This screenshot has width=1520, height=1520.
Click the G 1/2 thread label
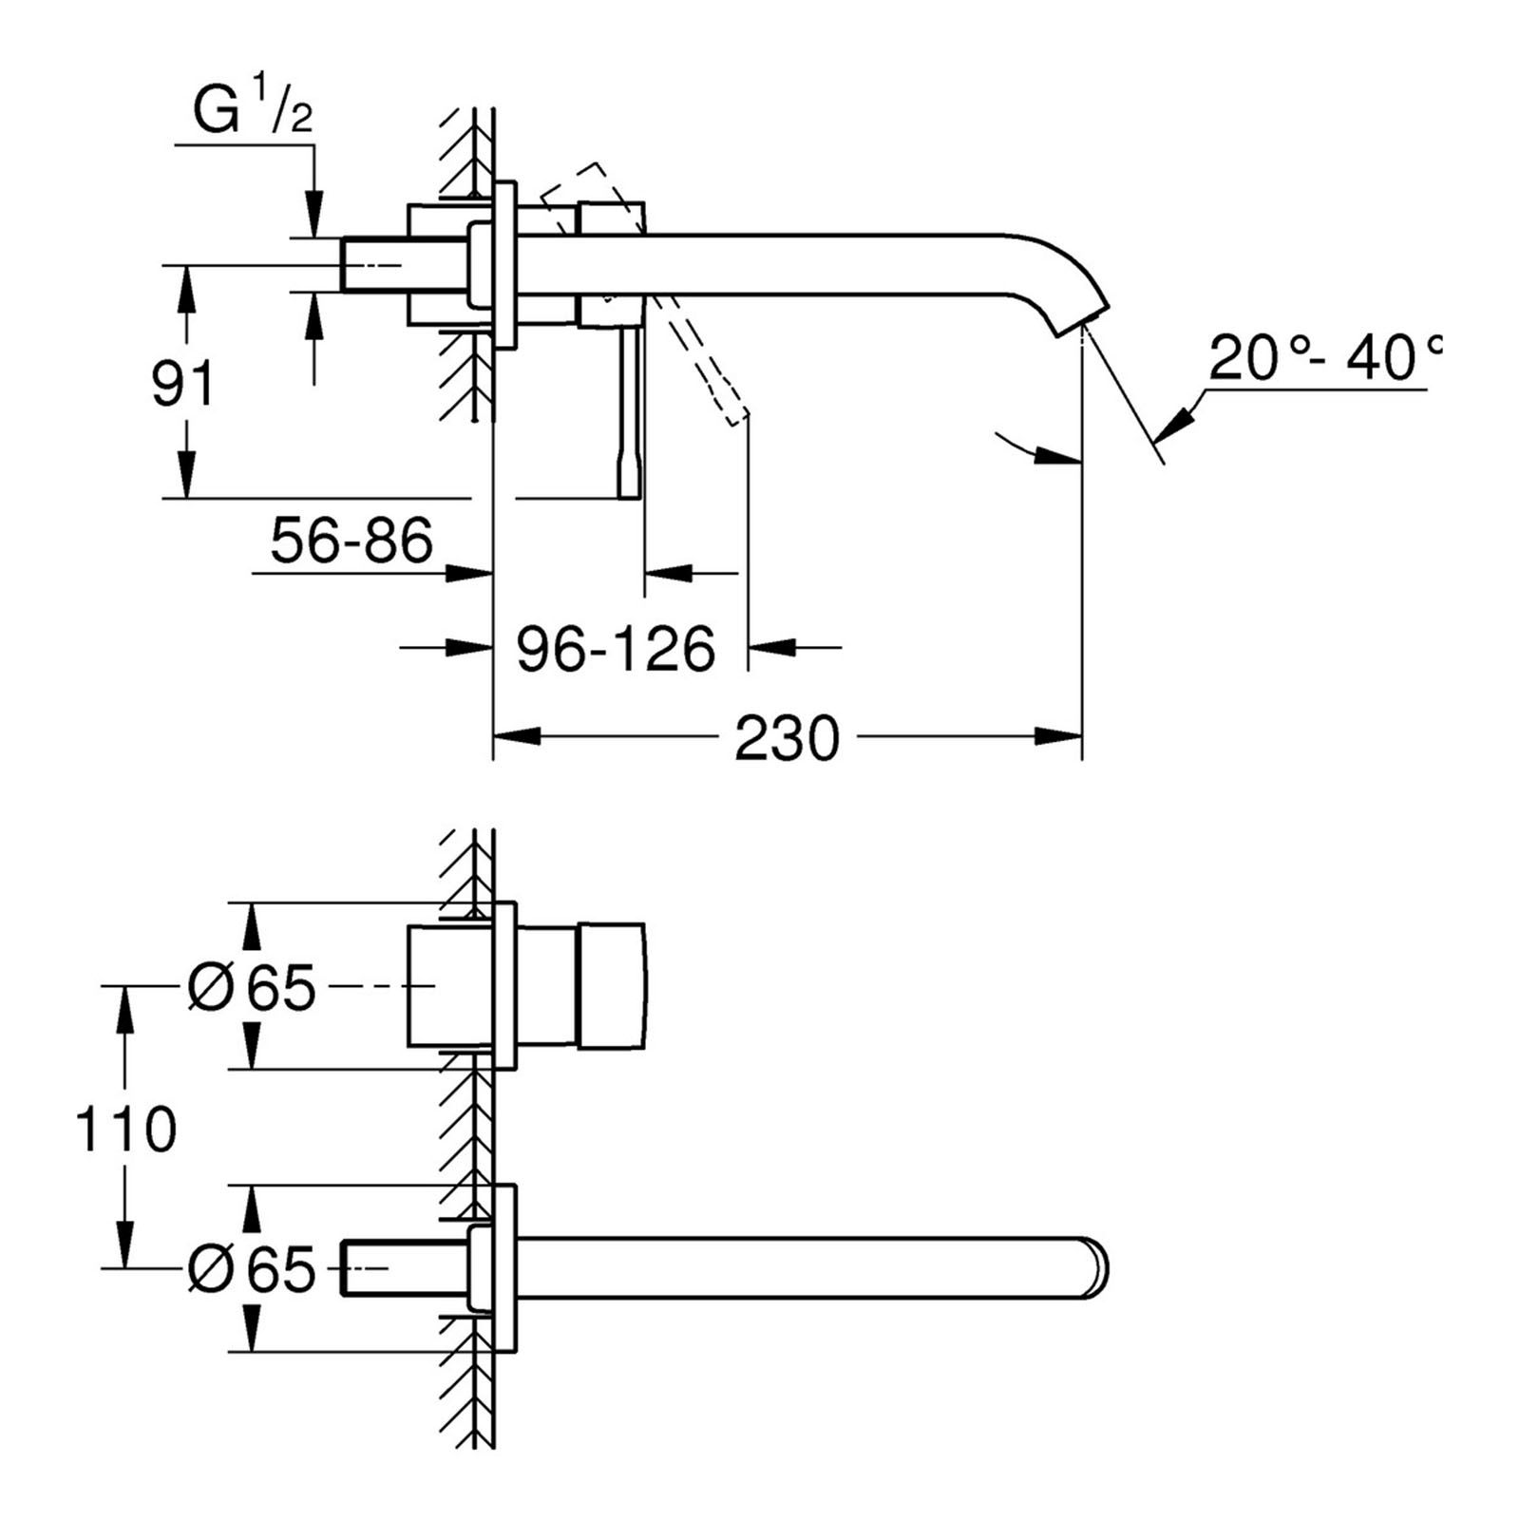point(253,113)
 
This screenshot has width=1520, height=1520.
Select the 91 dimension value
point(183,383)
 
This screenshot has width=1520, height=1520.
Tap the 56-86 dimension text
point(351,541)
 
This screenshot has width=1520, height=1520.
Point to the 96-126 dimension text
point(616,650)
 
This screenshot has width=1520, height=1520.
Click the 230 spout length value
point(787,738)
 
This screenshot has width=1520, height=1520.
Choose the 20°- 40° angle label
point(1323,359)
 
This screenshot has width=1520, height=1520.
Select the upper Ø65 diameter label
point(252,987)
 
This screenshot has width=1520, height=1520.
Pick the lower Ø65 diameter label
point(252,1268)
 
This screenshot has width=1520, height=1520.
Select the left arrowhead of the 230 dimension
point(513,736)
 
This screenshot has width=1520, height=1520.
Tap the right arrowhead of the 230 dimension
point(1062,736)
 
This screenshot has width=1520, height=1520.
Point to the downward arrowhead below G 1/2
point(313,213)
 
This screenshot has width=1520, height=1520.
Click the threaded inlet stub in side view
point(375,264)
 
